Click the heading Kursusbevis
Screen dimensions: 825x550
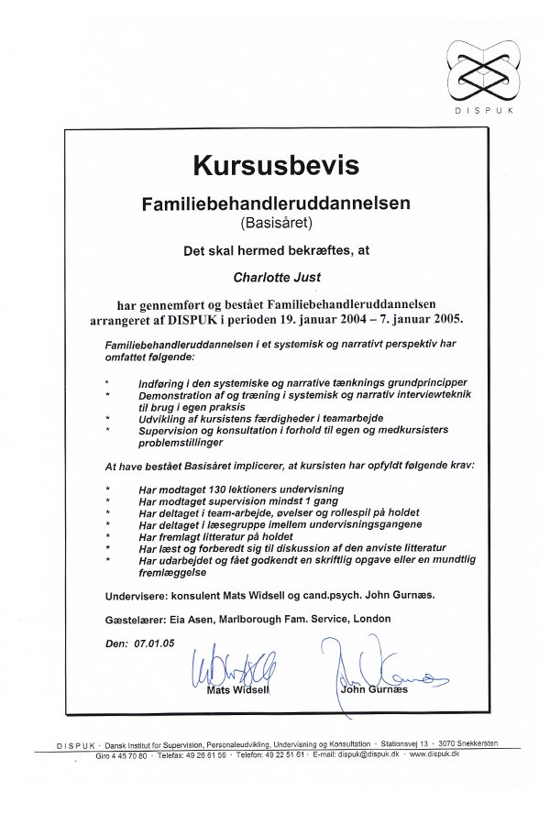275,165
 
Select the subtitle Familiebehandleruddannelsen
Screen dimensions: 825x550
276,201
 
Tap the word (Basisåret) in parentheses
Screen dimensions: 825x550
276,221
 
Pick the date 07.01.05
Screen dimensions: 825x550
153,643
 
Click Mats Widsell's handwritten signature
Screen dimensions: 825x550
232,668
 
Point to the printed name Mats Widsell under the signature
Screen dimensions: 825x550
236,688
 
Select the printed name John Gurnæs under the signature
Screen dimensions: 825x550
374,688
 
